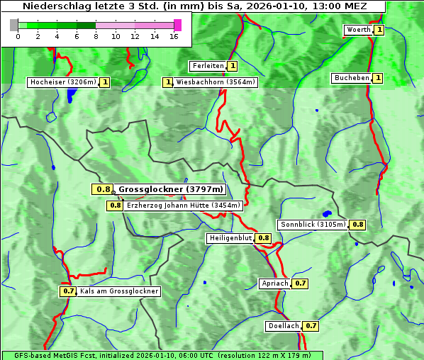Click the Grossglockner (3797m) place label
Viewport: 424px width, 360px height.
171,189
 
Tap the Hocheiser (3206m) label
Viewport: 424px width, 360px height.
62,82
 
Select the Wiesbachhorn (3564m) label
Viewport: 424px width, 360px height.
216,82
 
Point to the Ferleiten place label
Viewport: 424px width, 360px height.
208,66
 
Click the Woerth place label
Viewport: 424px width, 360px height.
357,30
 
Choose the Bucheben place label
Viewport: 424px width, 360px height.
352,78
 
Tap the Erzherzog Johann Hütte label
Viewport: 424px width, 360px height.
184,206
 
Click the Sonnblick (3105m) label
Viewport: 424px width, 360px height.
313,225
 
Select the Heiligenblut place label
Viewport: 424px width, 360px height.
230,238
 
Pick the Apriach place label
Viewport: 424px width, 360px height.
275,283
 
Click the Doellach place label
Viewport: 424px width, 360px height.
284,326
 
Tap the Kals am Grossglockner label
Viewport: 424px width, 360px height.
118,291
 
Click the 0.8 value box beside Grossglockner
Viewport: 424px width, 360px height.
103,189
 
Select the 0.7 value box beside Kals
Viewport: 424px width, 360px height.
68,291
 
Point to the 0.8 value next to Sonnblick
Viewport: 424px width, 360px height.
358,225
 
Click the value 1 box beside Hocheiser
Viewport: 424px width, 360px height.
105,82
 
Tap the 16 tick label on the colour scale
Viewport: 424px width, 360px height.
174,36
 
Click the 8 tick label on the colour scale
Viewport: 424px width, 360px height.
96,36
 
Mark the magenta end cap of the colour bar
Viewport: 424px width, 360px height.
177,25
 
